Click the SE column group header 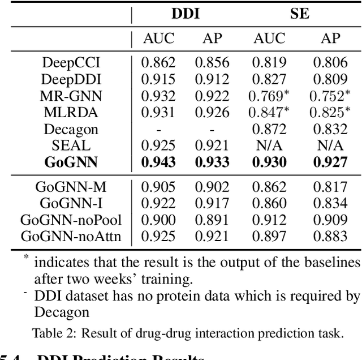click(x=299, y=14)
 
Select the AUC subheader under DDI click(x=159, y=38)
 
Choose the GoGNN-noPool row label click(x=71, y=220)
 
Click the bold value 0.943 click(x=159, y=163)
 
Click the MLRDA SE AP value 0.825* click(x=330, y=113)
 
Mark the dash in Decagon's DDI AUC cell click(x=159, y=130)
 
